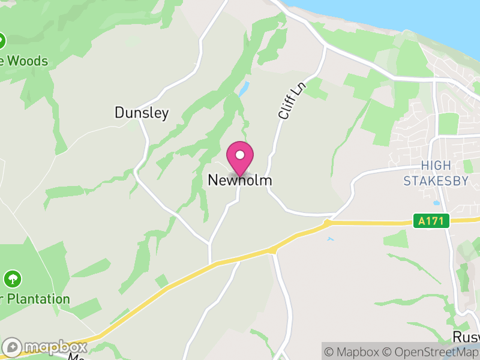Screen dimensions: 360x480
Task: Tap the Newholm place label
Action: coord(240,180)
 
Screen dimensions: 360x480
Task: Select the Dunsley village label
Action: coord(142,113)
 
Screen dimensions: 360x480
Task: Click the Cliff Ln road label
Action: coord(292,100)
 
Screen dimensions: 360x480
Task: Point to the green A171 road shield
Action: coord(431,221)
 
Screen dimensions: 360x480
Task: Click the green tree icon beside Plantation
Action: coord(12,279)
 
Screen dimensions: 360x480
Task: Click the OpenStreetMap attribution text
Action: coord(431,352)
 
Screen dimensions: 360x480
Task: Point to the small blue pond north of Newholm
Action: coord(243,89)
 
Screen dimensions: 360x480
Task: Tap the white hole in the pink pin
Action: coord(240,155)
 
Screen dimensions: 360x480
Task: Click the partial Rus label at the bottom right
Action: coord(466,337)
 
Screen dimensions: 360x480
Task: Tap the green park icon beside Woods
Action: coord(1,41)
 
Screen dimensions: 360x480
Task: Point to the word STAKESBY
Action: coord(436,181)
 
